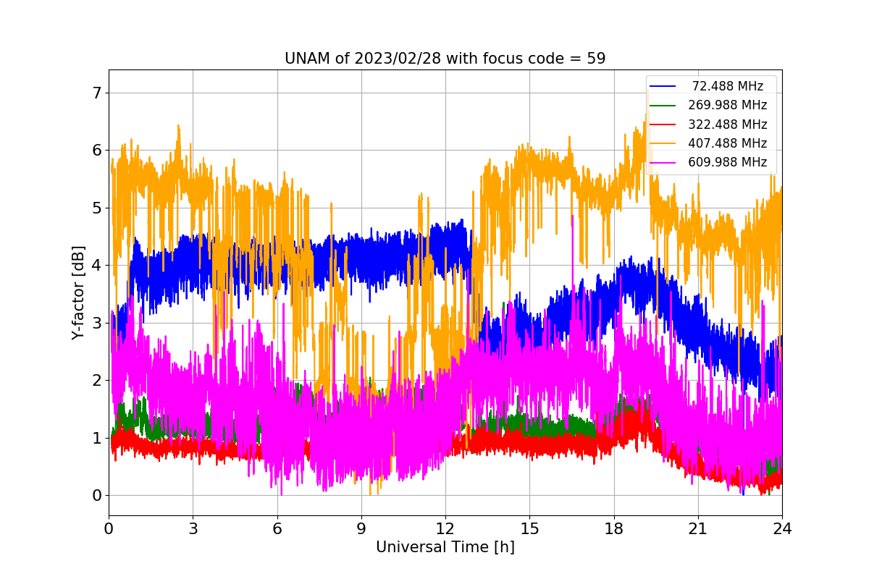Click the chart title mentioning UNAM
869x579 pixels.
(445, 59)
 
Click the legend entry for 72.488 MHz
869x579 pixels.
(727, 86)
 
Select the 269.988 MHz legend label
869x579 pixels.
(727, 105)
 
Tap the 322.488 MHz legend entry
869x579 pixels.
(727, 124)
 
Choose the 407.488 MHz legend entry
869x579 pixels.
(727, 143)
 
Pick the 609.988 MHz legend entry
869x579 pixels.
(727, 162)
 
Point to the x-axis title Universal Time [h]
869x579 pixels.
(445, 548)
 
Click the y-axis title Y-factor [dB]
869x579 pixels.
(78, 293)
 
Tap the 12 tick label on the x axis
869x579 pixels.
(445, 529)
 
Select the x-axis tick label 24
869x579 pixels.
(781, 529)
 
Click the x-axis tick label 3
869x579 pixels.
(193, 529)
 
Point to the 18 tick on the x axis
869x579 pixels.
(613, 529)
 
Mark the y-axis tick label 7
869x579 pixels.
(96, 93)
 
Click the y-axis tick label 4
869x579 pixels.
(96, 266)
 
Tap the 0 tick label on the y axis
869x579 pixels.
(96, 496)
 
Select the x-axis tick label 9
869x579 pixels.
(361, 529)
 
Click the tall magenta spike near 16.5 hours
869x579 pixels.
(572, 217)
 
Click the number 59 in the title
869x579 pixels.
(596, 59)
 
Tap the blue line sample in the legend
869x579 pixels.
(663, 86)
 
